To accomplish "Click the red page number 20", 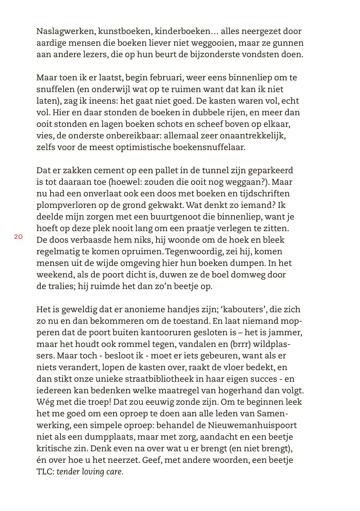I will [x=18, y=237].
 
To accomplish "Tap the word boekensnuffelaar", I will [x=204, y=147].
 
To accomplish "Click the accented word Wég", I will [x=45, y=402].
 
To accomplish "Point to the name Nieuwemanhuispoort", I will [x=252, y=425].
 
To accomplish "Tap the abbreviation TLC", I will [x=45, y=471].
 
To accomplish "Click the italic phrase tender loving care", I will [x=90, y=472].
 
